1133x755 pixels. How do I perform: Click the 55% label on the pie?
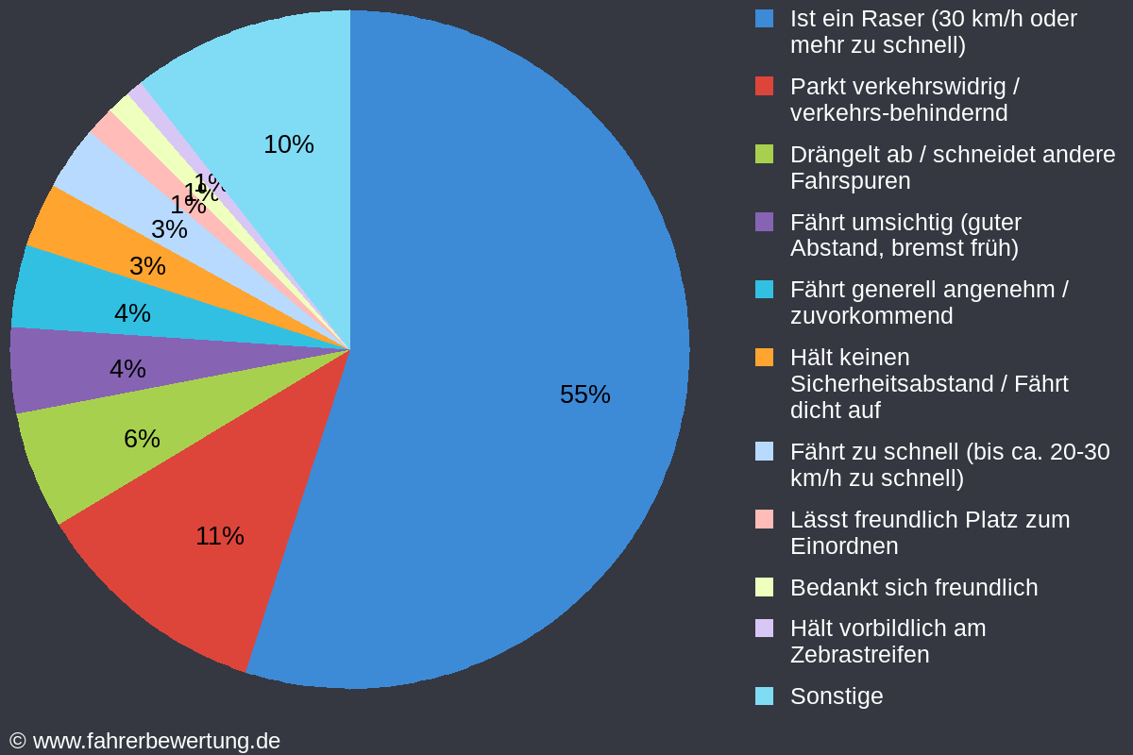(584, 394)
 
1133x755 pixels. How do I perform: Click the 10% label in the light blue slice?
(288, 144)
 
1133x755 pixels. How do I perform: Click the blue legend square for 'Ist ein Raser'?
(764, 19)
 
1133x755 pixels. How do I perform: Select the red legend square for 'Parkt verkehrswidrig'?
(764, 87)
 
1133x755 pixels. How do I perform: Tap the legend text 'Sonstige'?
(837, 696)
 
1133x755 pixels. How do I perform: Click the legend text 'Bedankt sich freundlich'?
(913, 588)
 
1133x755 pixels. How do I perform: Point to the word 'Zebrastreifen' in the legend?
(859, 655)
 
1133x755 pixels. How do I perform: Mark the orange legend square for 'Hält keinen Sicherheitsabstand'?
(764, 358)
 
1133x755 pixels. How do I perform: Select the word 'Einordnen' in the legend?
(843, 546)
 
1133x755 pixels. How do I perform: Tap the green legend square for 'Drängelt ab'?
(764, 154)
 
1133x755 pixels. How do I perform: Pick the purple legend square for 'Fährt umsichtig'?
(764, 222)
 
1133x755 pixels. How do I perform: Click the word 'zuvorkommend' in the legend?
(871, 316)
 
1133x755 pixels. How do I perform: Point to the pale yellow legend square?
(764, 587)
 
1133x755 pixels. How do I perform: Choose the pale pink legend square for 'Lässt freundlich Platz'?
(764, 519)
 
